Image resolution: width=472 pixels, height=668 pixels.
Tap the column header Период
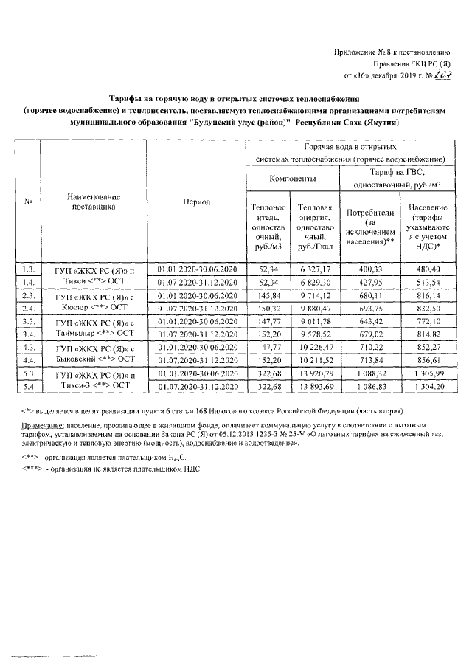(196, 202)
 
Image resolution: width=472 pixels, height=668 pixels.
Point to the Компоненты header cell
(293, 179)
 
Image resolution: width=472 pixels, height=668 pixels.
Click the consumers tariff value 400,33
(367, 269)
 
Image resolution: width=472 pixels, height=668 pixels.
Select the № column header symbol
(28, 202)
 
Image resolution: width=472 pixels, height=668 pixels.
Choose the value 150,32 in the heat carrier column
(264, 308)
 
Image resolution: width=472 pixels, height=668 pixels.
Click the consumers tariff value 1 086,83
(367, 387)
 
